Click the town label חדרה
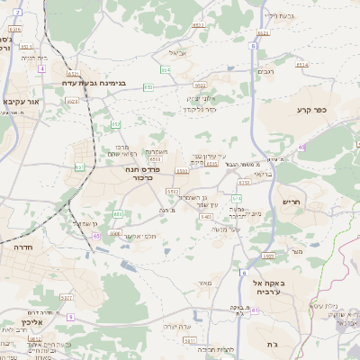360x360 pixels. (24, 245)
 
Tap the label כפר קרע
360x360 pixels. (310, 110)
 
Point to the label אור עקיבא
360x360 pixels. (21, 101)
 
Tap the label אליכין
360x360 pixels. (30, 321)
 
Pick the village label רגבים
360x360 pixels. (266, 72)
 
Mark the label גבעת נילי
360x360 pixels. (278, 16)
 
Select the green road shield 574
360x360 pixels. (237, 197)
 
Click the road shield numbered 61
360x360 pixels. (255, 310)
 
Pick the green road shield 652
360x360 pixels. (116, 123)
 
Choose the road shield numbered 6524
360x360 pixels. (301, 65)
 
